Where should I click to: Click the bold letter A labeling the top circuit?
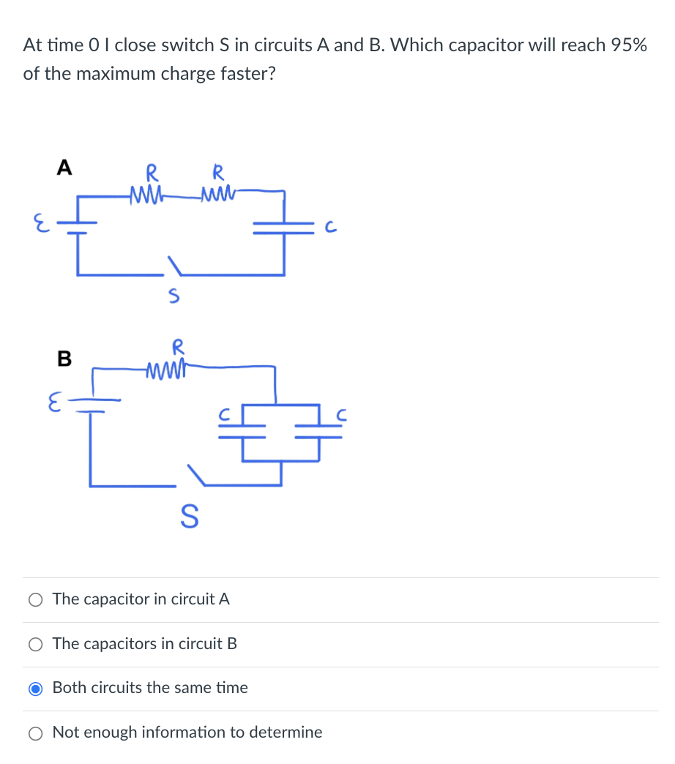click(64, 168)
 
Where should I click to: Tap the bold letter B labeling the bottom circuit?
click(64, 359)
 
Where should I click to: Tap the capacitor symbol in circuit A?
click(285, 228)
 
